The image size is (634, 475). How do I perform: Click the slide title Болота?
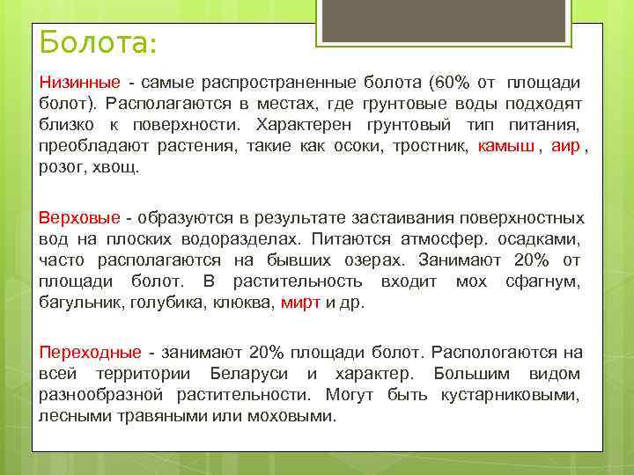point(98,41)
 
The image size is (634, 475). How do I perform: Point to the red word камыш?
point(505,146)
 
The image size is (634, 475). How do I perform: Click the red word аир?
point(564,146)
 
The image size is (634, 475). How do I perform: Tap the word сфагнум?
point(543,281)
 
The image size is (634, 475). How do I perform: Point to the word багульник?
point(80,303)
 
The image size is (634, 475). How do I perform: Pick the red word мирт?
point(300,303)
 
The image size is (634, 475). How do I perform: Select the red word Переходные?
point(89,353)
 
